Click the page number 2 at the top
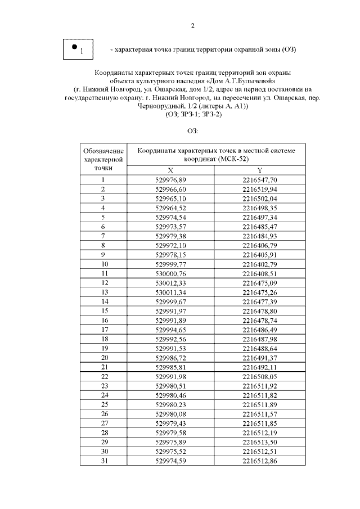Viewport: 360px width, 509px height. [x=192, y=25]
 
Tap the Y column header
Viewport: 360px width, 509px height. [x=259, y=170]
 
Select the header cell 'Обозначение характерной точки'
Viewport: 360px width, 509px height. [x=103, y=159]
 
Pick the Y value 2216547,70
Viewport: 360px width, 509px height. [x=259, y=180]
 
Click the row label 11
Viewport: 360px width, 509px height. [x=103, y=273]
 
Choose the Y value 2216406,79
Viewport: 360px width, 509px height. [x=259, y=245]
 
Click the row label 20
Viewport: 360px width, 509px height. [x=103, y=357]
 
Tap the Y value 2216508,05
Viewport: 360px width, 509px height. [x=259, y=376]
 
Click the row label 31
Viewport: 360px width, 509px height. [x=103, y=461]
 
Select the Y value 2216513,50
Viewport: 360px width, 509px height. [x=259, y=442]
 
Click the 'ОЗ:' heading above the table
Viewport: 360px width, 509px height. [x=192, y=132]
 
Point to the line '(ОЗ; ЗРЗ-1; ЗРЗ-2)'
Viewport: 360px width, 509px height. [x=192, y=114]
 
